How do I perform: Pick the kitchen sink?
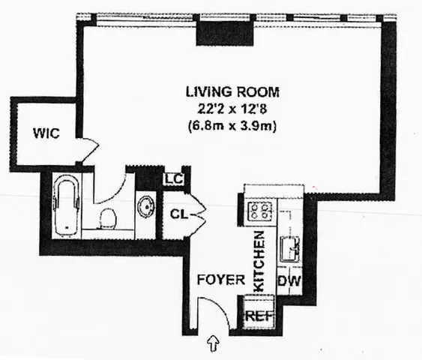point(290,245)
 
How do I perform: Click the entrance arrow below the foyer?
point(213,344)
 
